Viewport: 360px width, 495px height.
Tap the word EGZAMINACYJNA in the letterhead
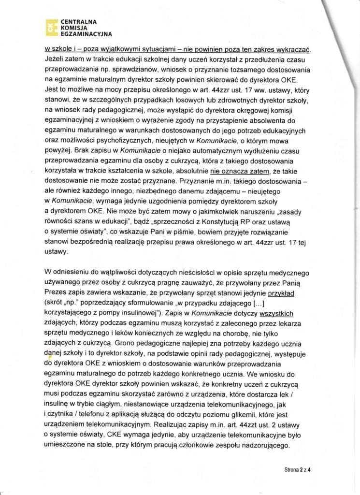pos(86,35)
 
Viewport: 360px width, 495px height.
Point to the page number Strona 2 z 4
pos(296,468)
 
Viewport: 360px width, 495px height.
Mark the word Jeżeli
pos(55,60)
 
